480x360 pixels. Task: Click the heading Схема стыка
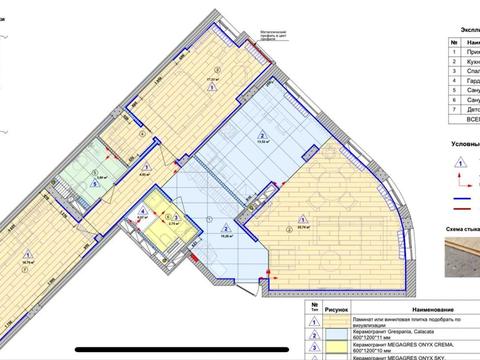(x=460, y=229)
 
